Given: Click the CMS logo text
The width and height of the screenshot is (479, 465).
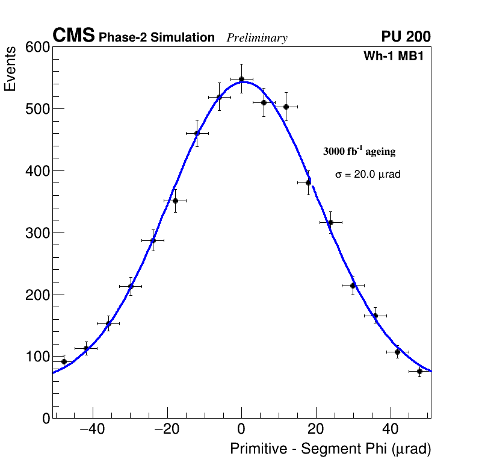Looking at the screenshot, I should pos(73,37).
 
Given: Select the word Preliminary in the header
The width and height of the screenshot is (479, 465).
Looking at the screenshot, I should pos(257,38).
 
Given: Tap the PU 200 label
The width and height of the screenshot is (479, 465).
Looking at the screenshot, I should pos(406,37).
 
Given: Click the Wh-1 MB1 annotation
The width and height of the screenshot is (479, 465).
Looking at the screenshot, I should pos(397,57).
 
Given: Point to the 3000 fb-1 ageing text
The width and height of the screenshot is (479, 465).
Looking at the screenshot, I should pos(359,151).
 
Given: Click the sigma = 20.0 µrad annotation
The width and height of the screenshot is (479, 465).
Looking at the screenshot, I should pos(368,175).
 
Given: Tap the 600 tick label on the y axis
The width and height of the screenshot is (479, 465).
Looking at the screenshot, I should pos(37,48).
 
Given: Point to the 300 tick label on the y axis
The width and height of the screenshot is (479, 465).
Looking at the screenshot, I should pos(37,233).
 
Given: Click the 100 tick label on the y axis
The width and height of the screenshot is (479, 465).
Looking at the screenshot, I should pos(37,357).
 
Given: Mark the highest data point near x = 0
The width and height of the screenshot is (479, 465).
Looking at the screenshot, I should pos(241,79).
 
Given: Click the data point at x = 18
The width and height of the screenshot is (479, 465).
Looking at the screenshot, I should pos(308,183).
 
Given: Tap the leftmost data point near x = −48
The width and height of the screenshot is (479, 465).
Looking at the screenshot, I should pos(64,362).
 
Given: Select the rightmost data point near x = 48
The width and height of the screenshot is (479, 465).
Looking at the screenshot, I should pos(419,371).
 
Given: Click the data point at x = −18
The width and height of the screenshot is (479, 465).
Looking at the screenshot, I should pos(175,201).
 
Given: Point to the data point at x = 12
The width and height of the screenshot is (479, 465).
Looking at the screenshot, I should pos(286,107).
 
